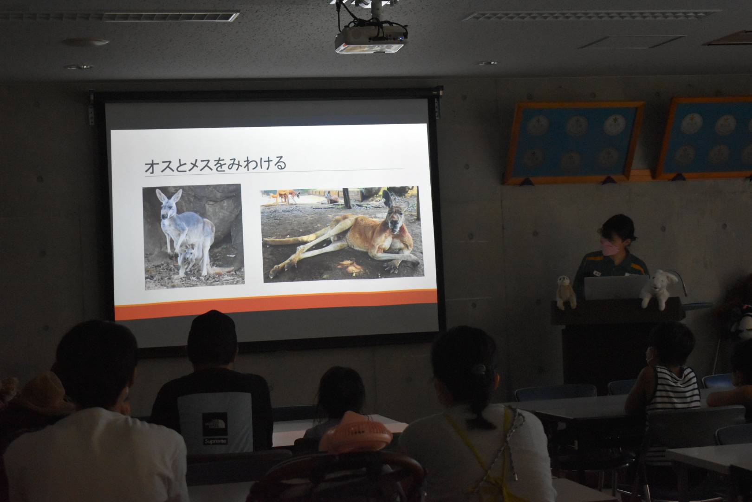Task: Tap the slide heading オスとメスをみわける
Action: [215, 165]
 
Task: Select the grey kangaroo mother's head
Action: [167, 205]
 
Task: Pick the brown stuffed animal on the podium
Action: [566, 291]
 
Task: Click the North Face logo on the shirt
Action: [214, 424]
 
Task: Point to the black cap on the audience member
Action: [212, 330]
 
